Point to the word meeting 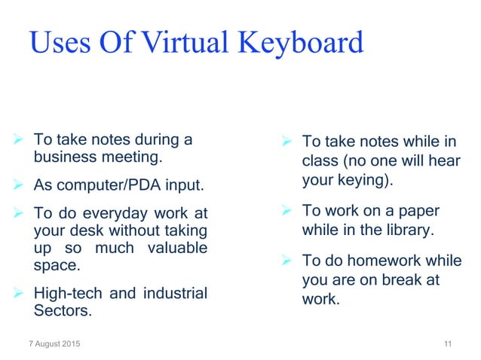pyautogui.click(x=132, y=157)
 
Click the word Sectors pyautogui.click(x=62, y=310)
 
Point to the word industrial pyautogui.click(x=171, y=293)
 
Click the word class pyautogui.click(x=320, y=160)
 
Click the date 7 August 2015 pyautogui.click(x=52, y=345)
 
